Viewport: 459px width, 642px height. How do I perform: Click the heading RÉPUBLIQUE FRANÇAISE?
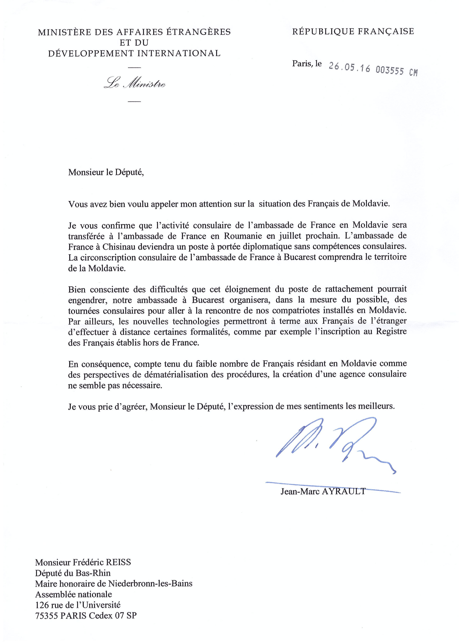(353, 31)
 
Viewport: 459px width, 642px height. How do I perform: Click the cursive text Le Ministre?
(134, 84)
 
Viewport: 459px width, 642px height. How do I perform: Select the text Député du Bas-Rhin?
(73, 573)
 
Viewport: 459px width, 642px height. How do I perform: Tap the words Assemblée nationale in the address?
(73, 594)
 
